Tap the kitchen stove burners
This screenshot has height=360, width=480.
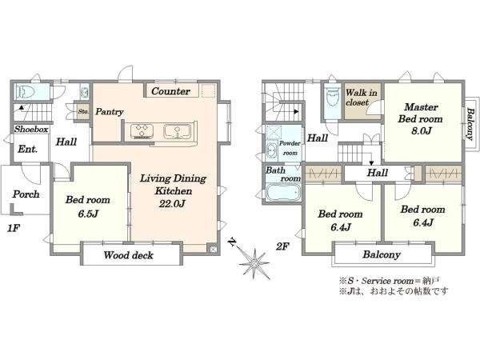point(142,130)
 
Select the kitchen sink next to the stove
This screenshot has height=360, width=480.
point(178,130)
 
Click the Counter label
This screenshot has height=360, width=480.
point(170,91)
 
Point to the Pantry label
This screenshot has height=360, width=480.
point(110,112)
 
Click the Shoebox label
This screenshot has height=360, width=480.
point(31,129)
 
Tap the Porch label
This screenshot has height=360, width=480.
point(26,194)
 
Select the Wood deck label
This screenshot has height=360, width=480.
point(128,255)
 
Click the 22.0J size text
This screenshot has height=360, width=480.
point(172,203)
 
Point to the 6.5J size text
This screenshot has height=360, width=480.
point(88,214)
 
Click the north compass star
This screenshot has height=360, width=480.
point(254,262)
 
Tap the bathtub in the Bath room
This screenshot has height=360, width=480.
point(283,192)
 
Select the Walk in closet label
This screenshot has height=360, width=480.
point(362,98)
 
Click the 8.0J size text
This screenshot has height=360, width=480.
point(422,131)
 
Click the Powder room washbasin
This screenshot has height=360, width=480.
point(272,150)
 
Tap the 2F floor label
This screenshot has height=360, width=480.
point(282,246)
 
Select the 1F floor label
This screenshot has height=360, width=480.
point(14,228)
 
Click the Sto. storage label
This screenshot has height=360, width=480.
point(83,111)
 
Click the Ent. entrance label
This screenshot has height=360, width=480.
point(27,149)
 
